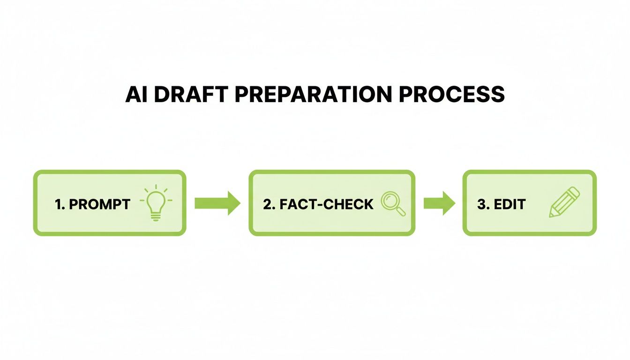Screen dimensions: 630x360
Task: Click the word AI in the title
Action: coord(136,94)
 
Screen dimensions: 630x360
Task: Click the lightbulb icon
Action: coord(156,204)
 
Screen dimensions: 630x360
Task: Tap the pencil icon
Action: coord(564,202)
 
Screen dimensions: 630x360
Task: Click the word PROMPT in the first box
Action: coord(99,204)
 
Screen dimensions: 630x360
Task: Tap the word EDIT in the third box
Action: coord(509,204)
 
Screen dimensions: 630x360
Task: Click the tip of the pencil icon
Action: coord(551,215)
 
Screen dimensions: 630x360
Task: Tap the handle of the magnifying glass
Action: coord(401,212)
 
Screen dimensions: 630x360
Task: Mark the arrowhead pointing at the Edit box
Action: coord(449,203)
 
